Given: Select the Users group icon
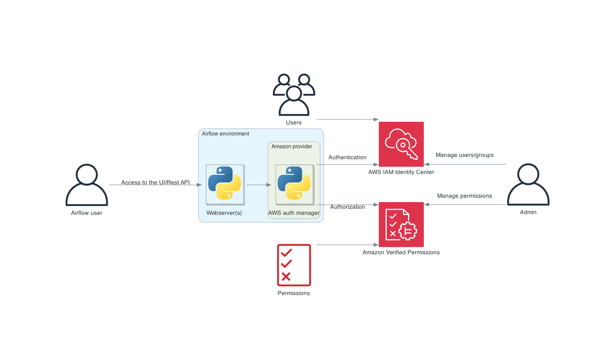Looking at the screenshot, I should pyautogui.click(x=294, y=95).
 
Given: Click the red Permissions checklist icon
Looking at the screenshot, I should pyautogui.click(x=294, y=265).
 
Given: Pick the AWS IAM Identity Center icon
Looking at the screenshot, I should pyautogui.click(x=401, y=144).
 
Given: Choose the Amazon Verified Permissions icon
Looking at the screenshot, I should pyautogui.click(x=401, y=224).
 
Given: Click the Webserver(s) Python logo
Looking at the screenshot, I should pyautogui.click(x=225, y=184).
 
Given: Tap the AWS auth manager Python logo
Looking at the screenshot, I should pyautogui.click(x=294, y=184).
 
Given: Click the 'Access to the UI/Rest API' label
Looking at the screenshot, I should pyautogui.click(x=155, y=182).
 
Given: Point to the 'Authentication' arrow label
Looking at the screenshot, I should pyautogui.click(x=347, y=157).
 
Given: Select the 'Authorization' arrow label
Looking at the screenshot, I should pyautogui.click(x=348, y=207).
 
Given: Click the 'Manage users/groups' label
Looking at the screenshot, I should pyautogui.click(x=464, y=155).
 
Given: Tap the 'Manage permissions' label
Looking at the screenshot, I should pyautogui.click(x=464, y=196).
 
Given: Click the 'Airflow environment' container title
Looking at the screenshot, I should pyautogui.click(x=225, y=133).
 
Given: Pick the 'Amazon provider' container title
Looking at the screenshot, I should pyautogui.click(x=292, y=146).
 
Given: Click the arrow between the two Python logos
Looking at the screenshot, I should pyautogui.click(x=259, y=185).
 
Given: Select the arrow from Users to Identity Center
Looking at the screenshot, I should pyautogui.click(x=347, y=119).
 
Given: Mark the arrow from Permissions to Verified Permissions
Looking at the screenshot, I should pyautogui.click(x=347, y=245).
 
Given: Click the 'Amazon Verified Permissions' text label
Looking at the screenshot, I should pyautogui.click(x=401, y=252).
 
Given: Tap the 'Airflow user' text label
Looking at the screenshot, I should pyautogui.click(x=87, y=213).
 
